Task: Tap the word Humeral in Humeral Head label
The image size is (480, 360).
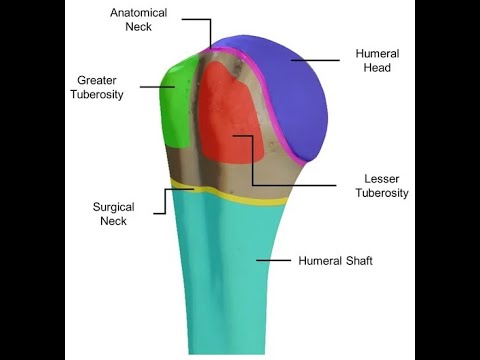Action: coord(377,53)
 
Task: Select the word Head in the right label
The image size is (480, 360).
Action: coord(377,68)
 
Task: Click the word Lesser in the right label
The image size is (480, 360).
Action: coord(382,178)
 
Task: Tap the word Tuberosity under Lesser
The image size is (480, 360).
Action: coord(382,193)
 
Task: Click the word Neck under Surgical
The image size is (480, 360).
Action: coord(114,221)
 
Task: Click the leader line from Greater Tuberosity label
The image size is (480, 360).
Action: coord(158,86)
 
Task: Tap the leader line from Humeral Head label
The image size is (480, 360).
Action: coord(318,60)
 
